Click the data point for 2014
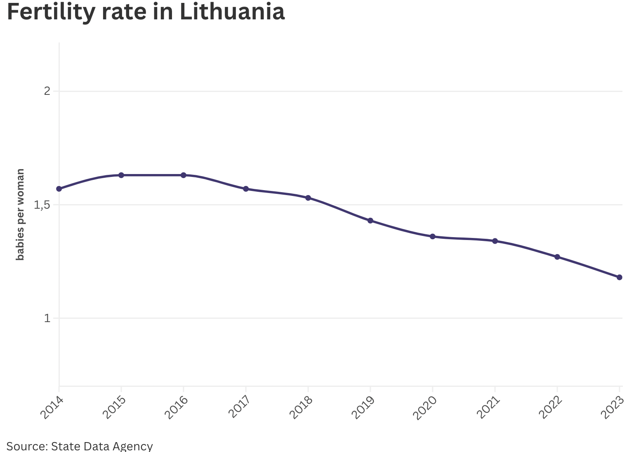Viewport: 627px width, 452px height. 59,189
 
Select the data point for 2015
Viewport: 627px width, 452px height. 121,175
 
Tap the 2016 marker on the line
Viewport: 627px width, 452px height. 184,175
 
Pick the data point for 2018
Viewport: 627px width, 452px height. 308,198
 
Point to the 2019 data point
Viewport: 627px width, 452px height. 370,221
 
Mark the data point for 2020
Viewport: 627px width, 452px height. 433,236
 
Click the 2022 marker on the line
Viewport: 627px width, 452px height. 557,257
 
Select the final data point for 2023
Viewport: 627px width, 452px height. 619,277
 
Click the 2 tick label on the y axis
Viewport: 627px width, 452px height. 47,91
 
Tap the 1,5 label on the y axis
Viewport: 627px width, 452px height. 42,205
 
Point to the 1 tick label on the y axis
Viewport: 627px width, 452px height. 47,318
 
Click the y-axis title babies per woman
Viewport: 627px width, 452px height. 20,214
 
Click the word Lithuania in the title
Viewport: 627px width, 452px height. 232,12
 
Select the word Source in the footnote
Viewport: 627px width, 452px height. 27,446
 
